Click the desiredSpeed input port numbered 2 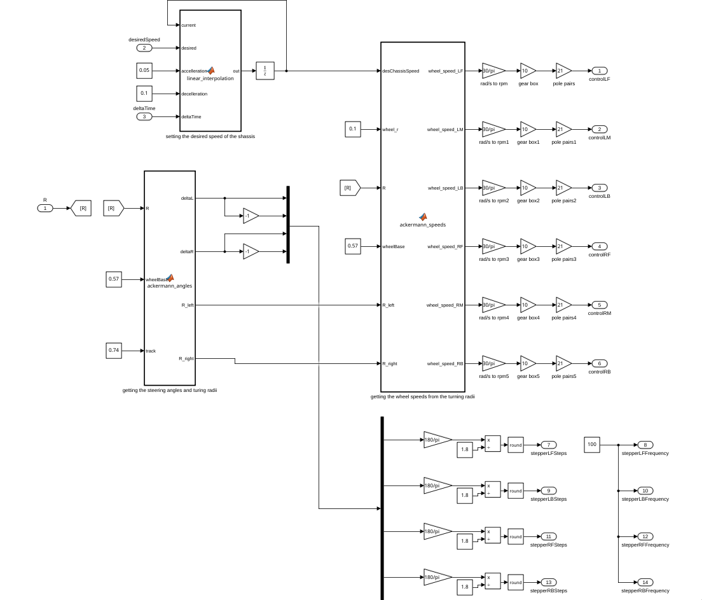click(x=144, y=48)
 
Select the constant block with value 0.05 click(x=144, y=71)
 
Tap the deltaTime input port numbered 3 click(x=144, y=116)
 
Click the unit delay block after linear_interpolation click(x=265, y=71)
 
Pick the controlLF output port click(x=600, y=71)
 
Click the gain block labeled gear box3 click(x=528, y=246)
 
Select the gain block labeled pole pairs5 click(x=563, y=363)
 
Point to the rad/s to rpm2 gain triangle click(x=493, y=188)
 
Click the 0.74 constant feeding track click(x=114, y=351)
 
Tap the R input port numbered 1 click(x=45, y=208)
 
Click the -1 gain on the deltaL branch click(x=251, y=216)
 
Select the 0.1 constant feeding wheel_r click(x=353, y=129)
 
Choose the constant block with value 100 click(x=592, y=445)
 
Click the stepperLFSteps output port click(x=548, y=445)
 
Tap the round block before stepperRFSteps click(x=515, y=536)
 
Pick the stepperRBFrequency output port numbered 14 click(x=645, y=582)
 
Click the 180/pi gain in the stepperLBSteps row click(x=437, y=485)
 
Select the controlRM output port click(x=600, y=305)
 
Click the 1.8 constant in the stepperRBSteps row click(x=465, y=587)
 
